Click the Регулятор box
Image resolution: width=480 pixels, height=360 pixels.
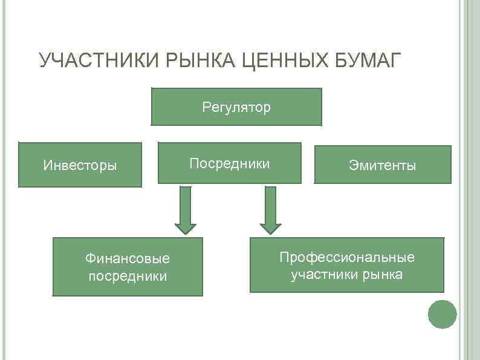pos(236,106)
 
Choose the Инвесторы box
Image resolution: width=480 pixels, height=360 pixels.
pos(80,165)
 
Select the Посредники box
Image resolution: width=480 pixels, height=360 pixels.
pos(229,163)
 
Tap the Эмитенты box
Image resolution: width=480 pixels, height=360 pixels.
pos(382,165)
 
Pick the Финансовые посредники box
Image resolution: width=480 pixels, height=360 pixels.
pos(127,267)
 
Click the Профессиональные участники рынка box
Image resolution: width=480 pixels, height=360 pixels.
pos(346,265)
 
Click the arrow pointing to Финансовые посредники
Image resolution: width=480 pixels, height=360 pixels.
pos(186,210)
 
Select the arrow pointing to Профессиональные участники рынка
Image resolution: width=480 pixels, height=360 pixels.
pos(271,210)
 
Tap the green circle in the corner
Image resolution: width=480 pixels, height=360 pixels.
pos(442,314)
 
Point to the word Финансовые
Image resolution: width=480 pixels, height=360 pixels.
pos(128,259)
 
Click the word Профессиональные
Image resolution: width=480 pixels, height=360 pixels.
pos(347,257)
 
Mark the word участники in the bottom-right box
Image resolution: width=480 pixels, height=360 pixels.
pos(325,275)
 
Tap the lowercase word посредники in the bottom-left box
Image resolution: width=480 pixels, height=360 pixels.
pos(128,277)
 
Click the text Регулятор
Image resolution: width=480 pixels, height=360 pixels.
pos(236,108)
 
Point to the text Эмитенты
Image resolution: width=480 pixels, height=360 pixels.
pos(382,165)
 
